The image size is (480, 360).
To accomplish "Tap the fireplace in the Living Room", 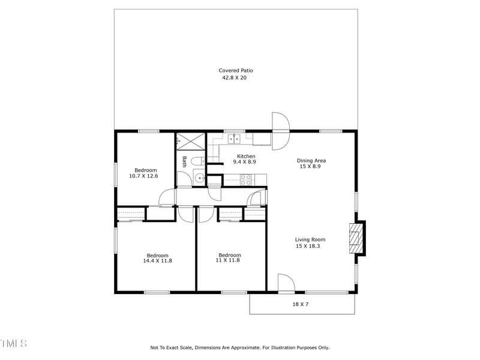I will pyautogui.click(x=357, y=238).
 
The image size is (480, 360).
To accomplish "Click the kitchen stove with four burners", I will pyautogui.click(x=246, y=178).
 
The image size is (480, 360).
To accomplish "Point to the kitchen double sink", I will pyautogui.click(x=233, y=139).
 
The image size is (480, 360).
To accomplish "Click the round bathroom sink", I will pyautogui.click(x=199, y=178).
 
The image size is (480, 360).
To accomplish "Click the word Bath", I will pyautogui.click(x=185, y=161).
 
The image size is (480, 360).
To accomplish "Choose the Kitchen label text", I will pyautogui.click(x=246, y=156).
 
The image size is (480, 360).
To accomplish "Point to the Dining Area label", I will pyautogui.click(x=311, y=160).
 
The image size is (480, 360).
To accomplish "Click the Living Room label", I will pyautogui.click(x=310, y=239).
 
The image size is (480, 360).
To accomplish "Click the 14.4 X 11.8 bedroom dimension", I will pyautogui.click(x=157, y=260).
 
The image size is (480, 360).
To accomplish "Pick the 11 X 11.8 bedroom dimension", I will pyautogui.click(x=229, y=260).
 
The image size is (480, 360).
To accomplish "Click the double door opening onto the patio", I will pyautogui.click(x=280, y=131).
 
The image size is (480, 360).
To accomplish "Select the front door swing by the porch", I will pyautogui.click(x=286, y=283).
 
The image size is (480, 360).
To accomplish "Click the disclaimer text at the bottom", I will pyautogui.click(x=239, y=347).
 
